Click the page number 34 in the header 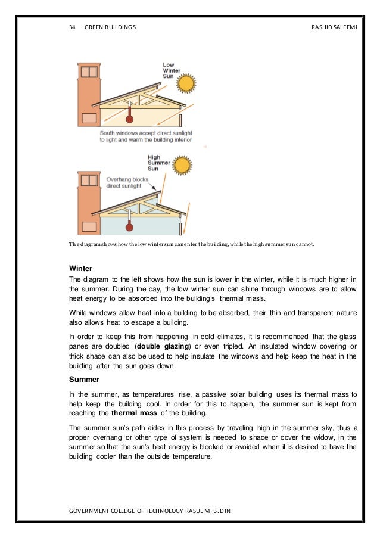[x=73, y=27]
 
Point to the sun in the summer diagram [x=182, y=164]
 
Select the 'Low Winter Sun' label [x=171, y=70]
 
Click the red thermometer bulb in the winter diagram [x=129, y=119]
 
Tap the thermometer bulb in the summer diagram [x=129, y=227]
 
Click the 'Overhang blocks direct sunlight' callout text [x=124, y=182]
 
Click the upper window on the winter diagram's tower [x=89, y=71]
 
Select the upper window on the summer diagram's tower [x=89, y=180]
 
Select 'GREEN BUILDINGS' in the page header [x=110, y=27]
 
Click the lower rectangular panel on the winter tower [x=89, y=117]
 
